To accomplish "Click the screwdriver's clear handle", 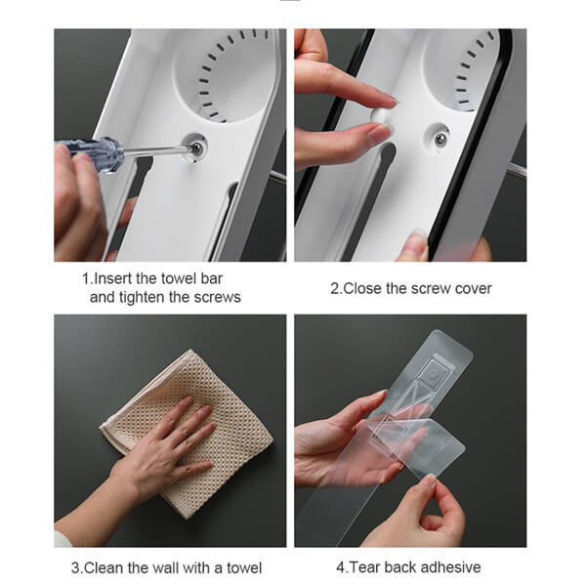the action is pyautogui.click(x=93, y=152).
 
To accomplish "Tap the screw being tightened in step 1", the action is pyautogui.click(x=196, y=148).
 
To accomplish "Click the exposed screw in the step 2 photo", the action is pyautogui.click(x=441, y=139).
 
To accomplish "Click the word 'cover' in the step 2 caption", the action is pyautogui.click(x=473, y=288).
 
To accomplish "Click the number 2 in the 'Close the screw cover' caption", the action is pyautogui.click(x=334, y=289).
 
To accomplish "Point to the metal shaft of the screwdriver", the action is pyautogui.click(x=156, y=150).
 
